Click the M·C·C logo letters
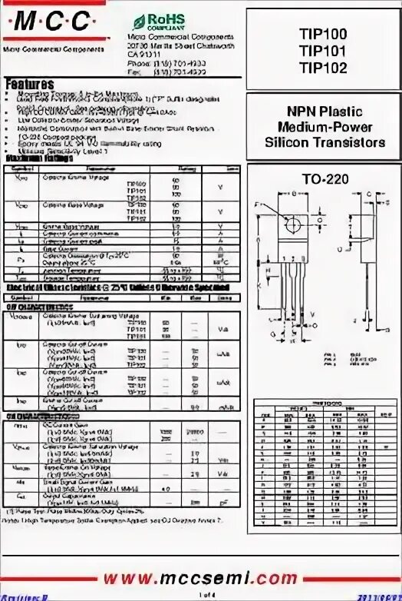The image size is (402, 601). (x=48, y=24)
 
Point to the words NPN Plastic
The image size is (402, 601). (x=325, y=112)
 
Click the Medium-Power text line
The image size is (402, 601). (x=325, y=128)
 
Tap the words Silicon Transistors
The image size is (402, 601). (x=325, y=143)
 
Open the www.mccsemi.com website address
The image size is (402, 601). (x=200, y=576)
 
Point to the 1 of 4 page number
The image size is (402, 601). (x=202, y=595)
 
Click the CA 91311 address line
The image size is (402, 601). (x=145, y=55)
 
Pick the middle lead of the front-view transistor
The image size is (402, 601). (x=292, y=284)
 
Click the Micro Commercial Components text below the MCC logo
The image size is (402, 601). (x=48, y=48)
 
